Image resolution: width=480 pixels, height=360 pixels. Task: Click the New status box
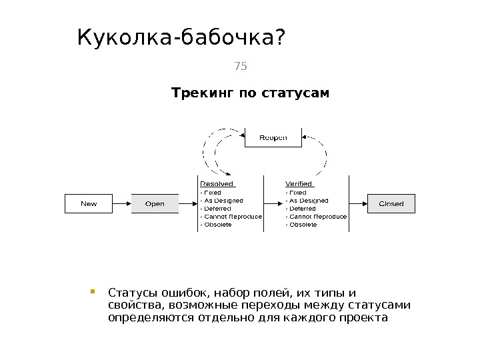[x=89, y=203]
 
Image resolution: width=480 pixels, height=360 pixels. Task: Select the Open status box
[x=155, y=203]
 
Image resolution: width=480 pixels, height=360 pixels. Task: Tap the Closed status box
[x=391, y=203]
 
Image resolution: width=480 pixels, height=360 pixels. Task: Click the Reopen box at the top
[x=273, y=137]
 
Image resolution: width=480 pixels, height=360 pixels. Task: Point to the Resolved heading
[x=217, y=183]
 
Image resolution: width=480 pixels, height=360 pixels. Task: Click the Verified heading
[x=299, y=183]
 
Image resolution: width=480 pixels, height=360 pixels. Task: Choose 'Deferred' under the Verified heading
[x=302, y=208]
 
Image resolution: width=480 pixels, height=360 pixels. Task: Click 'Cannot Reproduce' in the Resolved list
[x=232, y=217]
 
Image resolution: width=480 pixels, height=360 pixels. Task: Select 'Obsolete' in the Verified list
[x=302, y=225]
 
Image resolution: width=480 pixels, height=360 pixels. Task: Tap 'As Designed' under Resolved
[x=223, y=200]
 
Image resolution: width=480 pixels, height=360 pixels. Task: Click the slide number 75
[x=240, y=66]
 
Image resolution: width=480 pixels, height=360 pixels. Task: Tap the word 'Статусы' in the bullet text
[x=129, y=293]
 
